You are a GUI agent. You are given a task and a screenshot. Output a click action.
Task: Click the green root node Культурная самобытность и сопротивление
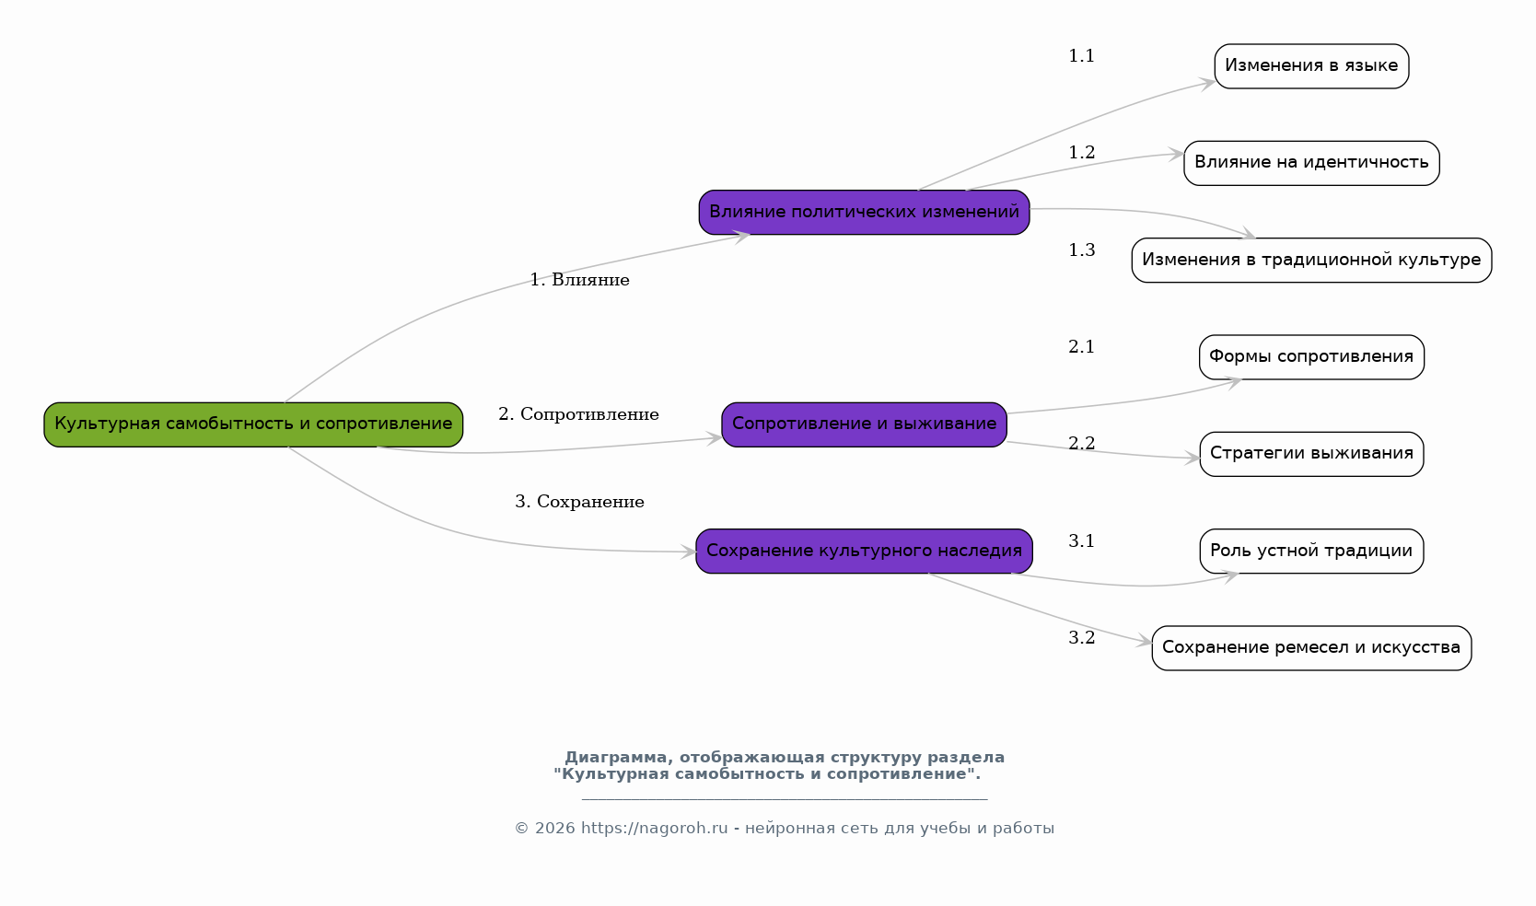tap(253, 424)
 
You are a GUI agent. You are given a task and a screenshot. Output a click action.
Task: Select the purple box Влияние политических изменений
tap(864, 213)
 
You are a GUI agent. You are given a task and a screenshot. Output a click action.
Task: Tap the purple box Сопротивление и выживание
tap(864, 424)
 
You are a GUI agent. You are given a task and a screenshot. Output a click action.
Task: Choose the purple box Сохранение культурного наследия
tap(864, 551)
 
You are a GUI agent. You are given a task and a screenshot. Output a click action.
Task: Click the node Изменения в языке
tap(1311, 66)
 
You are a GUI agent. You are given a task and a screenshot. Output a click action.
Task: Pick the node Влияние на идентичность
tap(1311, 163)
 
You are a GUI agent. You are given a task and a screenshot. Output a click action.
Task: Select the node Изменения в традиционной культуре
tap(1311, 260)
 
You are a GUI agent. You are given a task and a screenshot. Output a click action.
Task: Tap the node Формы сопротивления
tap(1311, 357)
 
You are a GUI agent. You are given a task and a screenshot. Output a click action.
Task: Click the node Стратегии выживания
tap(1311, 454)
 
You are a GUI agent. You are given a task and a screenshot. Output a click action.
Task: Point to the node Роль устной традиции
tap(1311, 551)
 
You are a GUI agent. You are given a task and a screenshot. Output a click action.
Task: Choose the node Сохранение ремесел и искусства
tap(1311, 648)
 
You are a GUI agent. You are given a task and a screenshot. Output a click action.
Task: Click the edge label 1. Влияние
tap(579, 280)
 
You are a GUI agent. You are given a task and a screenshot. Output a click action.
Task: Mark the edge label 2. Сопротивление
tap(578, 414)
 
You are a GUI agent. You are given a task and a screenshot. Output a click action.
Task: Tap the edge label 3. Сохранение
tap(579, 502)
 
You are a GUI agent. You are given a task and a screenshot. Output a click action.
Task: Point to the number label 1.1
tap(1081, 56)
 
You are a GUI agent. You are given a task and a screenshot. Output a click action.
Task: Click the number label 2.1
tap(1081, 347)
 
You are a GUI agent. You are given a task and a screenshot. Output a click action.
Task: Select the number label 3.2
tap(1081, 638)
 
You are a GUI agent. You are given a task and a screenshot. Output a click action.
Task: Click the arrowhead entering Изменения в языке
tap(1207, 84)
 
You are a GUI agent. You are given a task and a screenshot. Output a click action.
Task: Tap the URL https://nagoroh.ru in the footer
tap(654, 829)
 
